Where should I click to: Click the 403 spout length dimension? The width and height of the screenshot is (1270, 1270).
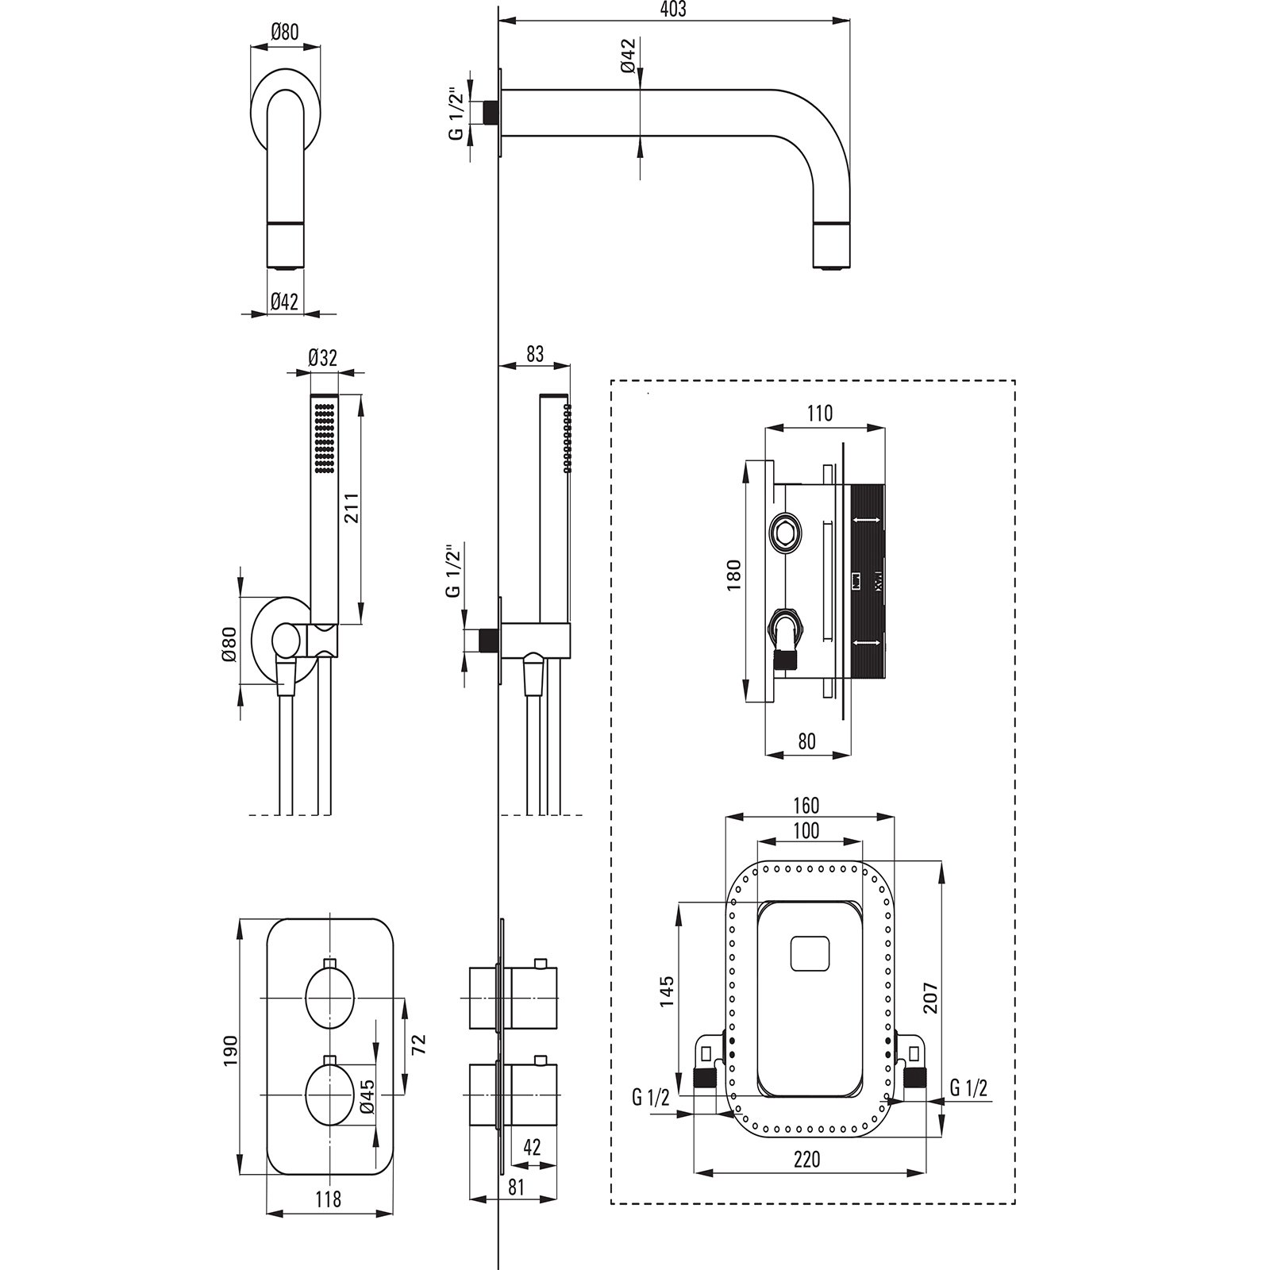coord(672,10)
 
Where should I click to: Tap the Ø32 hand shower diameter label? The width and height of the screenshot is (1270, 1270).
coord(322,357)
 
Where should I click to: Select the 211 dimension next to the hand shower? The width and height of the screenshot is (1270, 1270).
coord(352,508)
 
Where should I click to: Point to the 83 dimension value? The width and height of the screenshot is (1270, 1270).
coord(535,354)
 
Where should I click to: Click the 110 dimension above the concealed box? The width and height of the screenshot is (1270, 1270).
coord(820,414)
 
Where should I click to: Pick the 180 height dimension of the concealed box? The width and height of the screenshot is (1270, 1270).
coord(733,574)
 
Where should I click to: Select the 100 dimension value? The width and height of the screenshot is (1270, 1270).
coord(806,830)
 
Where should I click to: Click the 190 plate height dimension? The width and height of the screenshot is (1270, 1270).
coord(230,1053)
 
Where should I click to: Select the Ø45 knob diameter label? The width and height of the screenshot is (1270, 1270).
coord(366,1095)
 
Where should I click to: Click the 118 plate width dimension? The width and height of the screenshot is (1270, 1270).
coord(328,1221)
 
